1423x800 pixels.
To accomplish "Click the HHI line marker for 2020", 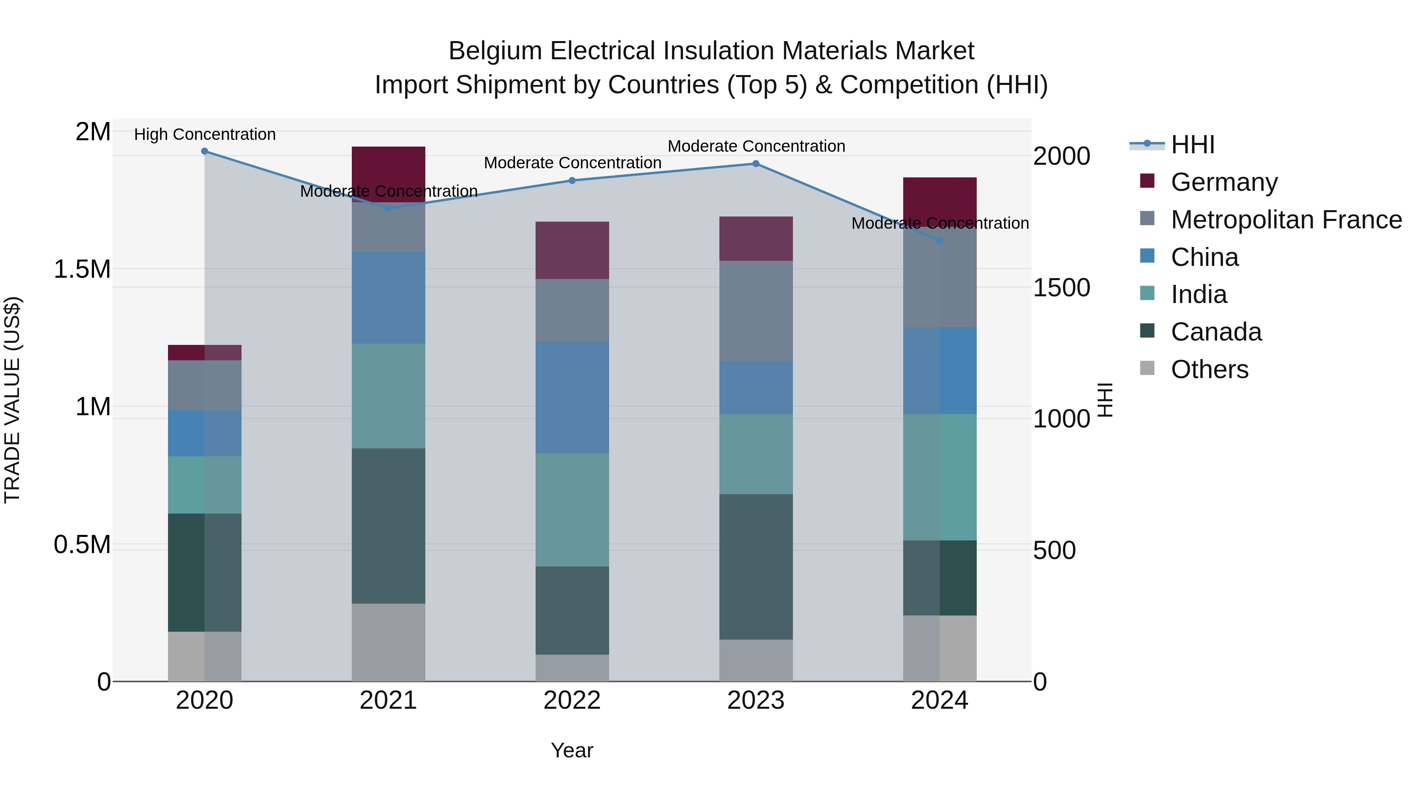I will pos(204,151).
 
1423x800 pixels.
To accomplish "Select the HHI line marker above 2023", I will pos(756,164).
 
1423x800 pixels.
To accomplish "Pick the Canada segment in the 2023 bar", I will pos(756,567).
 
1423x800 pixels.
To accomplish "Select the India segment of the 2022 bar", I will pos(572,510).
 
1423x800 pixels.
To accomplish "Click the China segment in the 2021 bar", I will pos(388,298).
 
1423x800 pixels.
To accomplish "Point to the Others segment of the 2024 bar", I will pos(940,648).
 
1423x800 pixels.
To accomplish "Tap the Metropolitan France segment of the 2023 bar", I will pos(756,311).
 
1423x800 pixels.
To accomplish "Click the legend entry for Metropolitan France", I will pos(1286,220).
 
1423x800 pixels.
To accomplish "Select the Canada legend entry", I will pos(1216,332).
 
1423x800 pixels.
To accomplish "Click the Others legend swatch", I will pos(1147,368).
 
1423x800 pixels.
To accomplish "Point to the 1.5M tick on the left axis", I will pos(82,269).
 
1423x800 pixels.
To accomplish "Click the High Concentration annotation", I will pos(204,134).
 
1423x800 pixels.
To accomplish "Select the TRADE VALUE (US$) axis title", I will pos(12,400).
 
